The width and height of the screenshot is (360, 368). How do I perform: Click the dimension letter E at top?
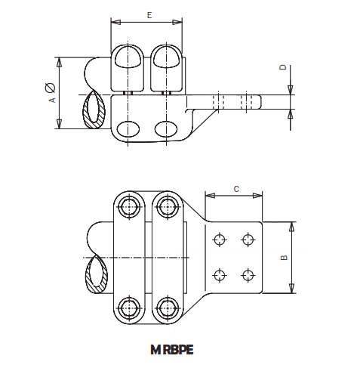pos(149,14)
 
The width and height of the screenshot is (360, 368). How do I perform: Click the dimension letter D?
pos(283,69)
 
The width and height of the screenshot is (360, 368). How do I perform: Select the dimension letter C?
pos(236,189)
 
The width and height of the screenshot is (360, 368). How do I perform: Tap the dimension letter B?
pos(284,258)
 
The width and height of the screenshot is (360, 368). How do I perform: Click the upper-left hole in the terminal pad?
pos(219,240)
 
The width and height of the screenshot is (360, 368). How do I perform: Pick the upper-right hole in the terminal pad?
pos(248,240)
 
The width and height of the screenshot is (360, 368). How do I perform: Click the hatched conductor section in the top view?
pos(96,110)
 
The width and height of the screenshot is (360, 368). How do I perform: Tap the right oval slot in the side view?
pos(168,127)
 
